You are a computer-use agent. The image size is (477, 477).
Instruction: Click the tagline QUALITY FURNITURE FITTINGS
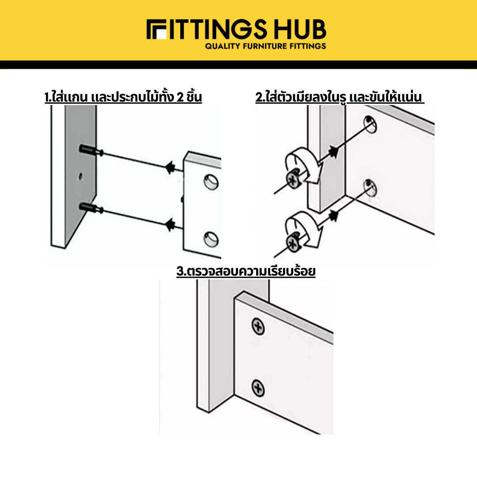coord(265,46)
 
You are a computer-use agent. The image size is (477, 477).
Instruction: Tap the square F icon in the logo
coord(156,30)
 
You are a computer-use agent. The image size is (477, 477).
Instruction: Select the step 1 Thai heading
coord(123,97)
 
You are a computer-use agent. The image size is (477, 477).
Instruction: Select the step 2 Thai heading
coord(340,97)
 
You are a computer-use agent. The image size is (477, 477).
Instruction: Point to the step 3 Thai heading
coord(246,271)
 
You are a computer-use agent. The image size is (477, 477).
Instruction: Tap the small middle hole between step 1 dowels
coord(80,176)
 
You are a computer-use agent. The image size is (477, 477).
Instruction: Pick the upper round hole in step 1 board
coord(211,182)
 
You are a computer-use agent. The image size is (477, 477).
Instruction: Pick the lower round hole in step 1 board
coord(211,239)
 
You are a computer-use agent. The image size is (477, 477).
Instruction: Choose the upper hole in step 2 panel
coord(370,125)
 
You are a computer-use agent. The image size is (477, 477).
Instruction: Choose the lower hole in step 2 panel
coord(370,188)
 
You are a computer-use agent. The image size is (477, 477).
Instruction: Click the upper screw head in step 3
coord(258,327)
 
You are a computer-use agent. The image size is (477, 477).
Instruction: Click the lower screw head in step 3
coord(258,388)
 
